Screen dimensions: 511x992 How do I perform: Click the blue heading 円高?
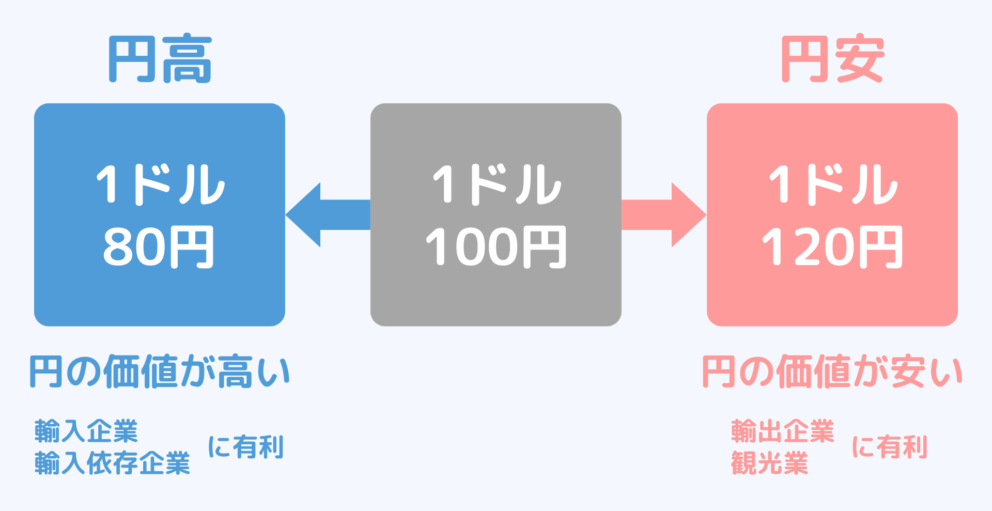point(160,59)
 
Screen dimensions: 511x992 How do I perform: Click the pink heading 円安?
point(832,59)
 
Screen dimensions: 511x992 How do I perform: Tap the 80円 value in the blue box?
point(159,247)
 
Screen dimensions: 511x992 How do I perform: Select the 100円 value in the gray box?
point(495,247)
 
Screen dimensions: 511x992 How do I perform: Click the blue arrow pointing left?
point(328,214)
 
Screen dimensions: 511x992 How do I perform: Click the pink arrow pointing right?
point(664,214)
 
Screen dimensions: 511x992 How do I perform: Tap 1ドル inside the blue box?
point(160,184)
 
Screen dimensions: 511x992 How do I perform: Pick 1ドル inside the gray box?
point(497,184)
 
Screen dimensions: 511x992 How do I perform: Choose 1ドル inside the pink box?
point(833,184)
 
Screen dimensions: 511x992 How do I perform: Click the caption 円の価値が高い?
point(160,371)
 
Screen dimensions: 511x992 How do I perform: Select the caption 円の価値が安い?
point(832,371)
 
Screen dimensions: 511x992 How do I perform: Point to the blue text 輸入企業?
point(86,431)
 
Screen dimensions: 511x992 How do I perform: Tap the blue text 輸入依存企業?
point(112,463)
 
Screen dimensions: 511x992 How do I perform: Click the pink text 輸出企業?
point(783,431)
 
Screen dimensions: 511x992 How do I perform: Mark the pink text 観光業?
point(769,463)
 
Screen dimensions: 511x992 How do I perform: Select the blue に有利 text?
point(246,447)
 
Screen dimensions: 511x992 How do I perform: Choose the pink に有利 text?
point(890,447)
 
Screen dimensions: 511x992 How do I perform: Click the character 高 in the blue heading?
point(187,59)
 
